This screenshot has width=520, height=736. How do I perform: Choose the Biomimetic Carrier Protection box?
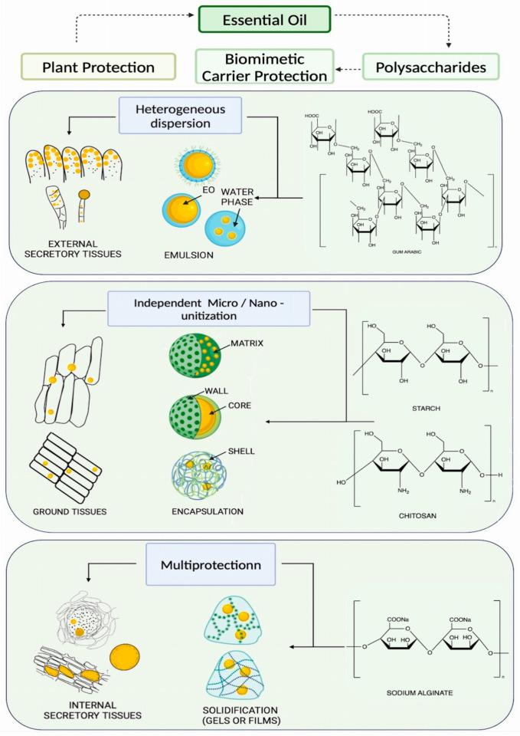263,67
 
